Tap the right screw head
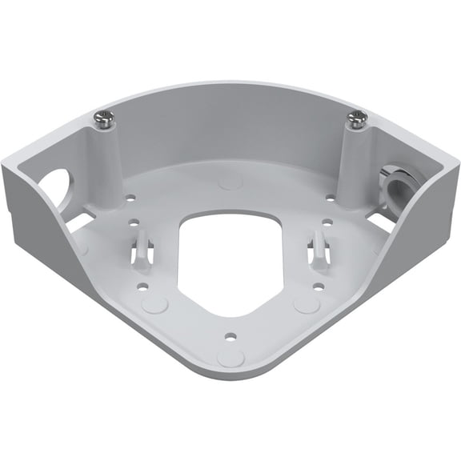click(x=356, y=120)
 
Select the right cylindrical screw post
click(x=355, y=160)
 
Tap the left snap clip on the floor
click(x=141, y=247)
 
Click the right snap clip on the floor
click(x=318, y=247)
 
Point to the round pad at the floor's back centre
click(x=230, y=180)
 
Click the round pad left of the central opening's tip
click(x=155, y=304)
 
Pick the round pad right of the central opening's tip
click(x=307, y=304)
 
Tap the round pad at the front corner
click(x=230, y=356)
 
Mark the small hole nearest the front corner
click(x=230, y=335)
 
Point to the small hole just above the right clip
click(x=327, y=224)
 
